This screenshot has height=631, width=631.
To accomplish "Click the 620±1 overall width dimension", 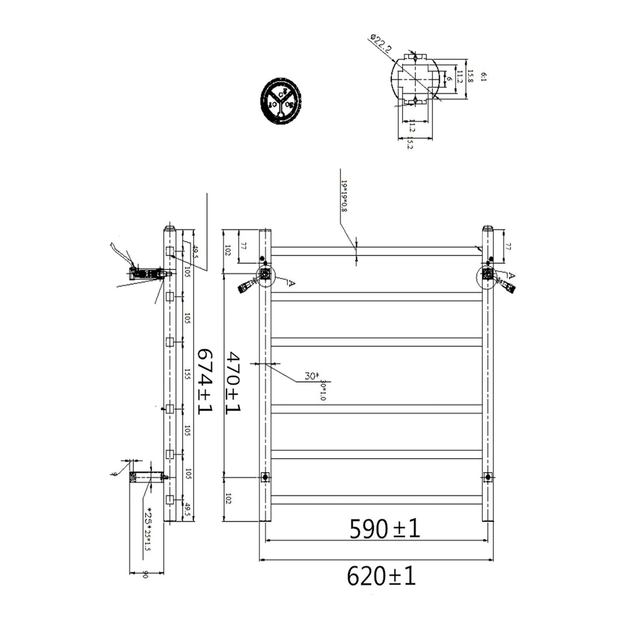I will (x=381, y=576).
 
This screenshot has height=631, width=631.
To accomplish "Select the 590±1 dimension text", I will (x=384, y=529).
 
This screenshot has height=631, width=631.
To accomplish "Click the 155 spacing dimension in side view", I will (x=187, y=374).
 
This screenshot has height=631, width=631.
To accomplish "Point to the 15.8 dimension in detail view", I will (x=470, y=77).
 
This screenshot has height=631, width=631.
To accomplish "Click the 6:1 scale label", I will (x=483, y=77).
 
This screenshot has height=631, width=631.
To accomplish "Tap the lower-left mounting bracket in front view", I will (x=265, y=477).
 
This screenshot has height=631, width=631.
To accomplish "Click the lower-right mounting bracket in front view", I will (x=488, y=477).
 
